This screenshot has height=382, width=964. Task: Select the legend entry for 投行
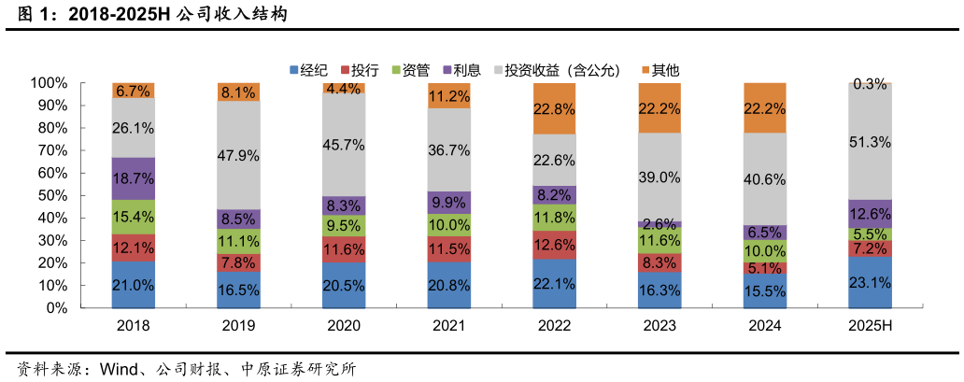point(364,70)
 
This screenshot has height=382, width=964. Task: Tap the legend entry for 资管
point(416,70)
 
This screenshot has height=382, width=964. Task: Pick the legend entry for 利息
point(467,70)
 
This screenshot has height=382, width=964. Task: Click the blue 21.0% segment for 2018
point(134,284)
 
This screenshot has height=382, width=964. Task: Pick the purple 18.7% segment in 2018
point(134,178)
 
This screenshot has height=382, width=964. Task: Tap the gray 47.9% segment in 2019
point(239,155)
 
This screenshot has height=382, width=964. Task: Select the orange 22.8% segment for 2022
point(555,108)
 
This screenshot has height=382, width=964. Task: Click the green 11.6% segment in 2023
point(659,240)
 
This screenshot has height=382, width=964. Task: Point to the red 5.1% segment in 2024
point(765,268)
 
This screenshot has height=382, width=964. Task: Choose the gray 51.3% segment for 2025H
point(870,141)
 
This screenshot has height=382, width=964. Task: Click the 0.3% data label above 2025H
point(870,84)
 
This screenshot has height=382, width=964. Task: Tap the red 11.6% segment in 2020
point(344,249)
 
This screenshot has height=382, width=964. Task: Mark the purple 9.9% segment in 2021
point(449,203)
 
